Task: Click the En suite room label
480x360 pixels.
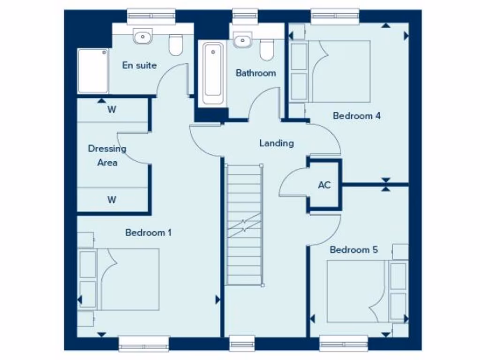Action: click(139, 66)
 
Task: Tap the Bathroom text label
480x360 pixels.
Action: click(255, 73)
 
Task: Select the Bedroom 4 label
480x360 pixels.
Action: click(356, 116)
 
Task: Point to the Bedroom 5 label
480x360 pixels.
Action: click(353, 250)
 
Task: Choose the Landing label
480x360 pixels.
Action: click(277, 143)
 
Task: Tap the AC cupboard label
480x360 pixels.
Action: click(324, 185)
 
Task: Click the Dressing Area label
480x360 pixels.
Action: click(107, 156)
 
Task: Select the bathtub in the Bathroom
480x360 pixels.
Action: click(213, 74)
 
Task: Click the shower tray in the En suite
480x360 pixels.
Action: click(93, 71)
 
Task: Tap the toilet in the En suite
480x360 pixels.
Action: click(176, 45)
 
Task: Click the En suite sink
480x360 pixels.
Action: click(142, 36)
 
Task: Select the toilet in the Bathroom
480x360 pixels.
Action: click(267, 49)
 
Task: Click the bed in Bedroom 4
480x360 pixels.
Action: click(331, 71)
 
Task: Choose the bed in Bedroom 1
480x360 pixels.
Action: click(120, 279)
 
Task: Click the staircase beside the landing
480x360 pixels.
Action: click(244, 225)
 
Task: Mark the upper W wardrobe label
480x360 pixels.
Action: click(112, 110)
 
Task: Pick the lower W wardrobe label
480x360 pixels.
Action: click(112, 200)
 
